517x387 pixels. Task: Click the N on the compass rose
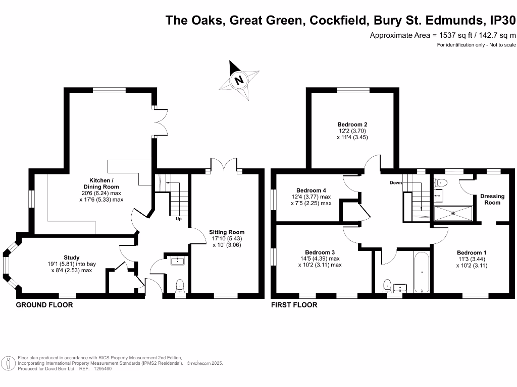(x=239, y=80)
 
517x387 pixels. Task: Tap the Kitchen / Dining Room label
(x=101, y=183)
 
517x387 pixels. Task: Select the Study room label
(x=72, y=257)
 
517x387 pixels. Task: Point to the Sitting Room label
(x=227, y=232)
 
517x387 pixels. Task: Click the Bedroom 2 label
(x=352, y=124)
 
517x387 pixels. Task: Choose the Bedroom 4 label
(x=311, y=190)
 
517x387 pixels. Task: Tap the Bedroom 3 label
(x=320, y=252)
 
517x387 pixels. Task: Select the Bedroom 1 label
(x=472, y=253)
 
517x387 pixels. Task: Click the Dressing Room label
(x=492, y=200)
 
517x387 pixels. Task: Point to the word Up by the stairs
(x=179, y=219)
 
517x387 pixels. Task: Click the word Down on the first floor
(x=396, y=182)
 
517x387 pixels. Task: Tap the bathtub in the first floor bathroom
(x=422, y=272)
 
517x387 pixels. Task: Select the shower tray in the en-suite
(x=453, y=213)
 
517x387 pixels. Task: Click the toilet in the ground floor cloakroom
(x=180, y=286)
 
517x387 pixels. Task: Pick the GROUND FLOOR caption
(x=44, y=305)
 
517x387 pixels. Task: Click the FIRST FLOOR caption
(x=294, y=305)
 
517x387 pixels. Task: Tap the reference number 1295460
(x=103, y=369)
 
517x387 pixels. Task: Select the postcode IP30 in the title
(x=502, y=20)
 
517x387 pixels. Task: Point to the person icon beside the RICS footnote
(x=8, y=364)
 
